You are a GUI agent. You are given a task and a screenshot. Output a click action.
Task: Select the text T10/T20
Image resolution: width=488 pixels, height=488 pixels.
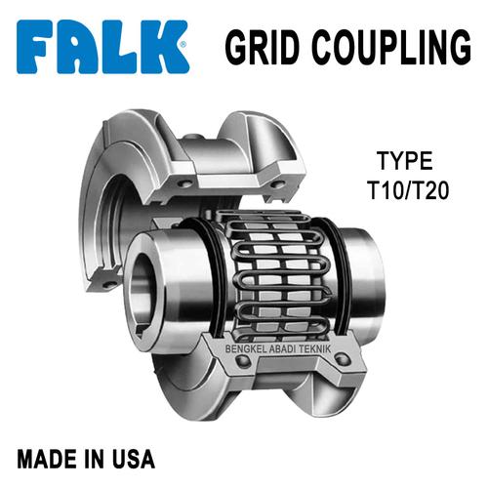(x=405, y=187)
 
